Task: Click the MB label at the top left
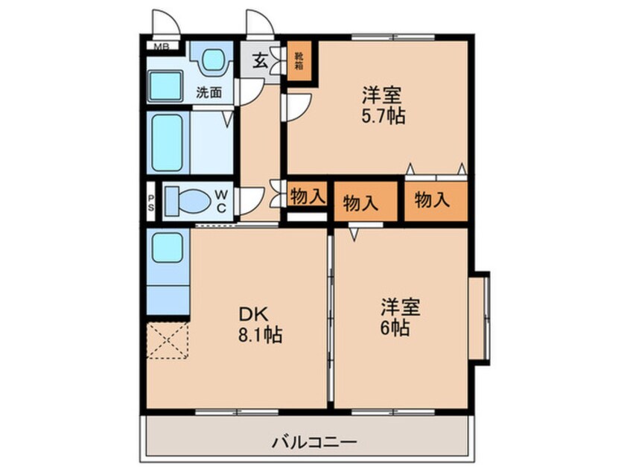pyautogui.click(x=161, y=47)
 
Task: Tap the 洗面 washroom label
pyautogui.click(x=209, y=93)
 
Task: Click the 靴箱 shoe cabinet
pyautogui.click(x=299, y=60)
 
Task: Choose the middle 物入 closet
pyautogui.click(x=360, y=202)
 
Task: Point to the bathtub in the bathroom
pyautogui.click(x=168, y=142)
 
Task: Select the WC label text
pyautogui.click(x=222, y=200)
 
